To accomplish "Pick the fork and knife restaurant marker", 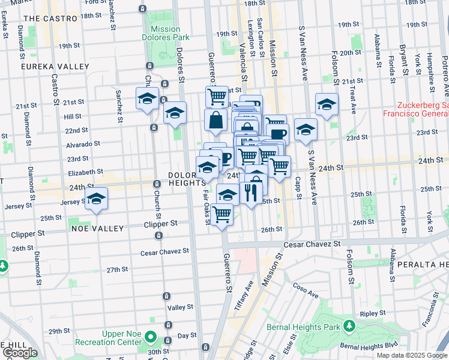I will [x=251, y=192].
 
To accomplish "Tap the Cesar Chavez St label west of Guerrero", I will [x=164, y=252].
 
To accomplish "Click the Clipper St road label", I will [x=160, y=223].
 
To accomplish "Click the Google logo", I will [x=19, y=353].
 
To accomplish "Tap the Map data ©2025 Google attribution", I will [x=411, y=355].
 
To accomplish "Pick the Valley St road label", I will [x=179, y=307].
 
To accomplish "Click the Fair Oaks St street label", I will [x=206, y=207].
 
